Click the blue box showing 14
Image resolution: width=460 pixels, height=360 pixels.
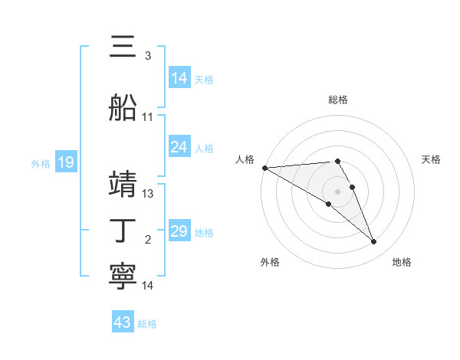click(179, 78)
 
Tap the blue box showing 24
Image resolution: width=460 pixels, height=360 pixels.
click(179, 147)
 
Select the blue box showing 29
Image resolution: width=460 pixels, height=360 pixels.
click(179, 231)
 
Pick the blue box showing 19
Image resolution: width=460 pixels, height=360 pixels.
click(65, 162)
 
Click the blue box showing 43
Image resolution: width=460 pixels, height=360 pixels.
click(123, 322)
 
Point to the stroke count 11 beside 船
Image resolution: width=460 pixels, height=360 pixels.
click(148, 117)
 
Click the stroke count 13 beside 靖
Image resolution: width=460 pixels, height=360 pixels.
click(148, 194)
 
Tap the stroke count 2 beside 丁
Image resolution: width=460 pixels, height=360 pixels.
click(148, 241)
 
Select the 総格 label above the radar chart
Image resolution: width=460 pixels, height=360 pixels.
click(338, 100)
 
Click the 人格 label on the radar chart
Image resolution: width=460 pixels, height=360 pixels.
click(245, 159)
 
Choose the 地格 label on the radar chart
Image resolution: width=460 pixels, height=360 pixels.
click(402, 262)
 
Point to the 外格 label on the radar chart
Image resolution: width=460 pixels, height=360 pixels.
click(270, 262)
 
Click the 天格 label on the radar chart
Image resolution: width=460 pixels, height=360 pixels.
click(432, 159)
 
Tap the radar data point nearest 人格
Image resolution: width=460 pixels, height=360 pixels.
click(264, 167)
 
